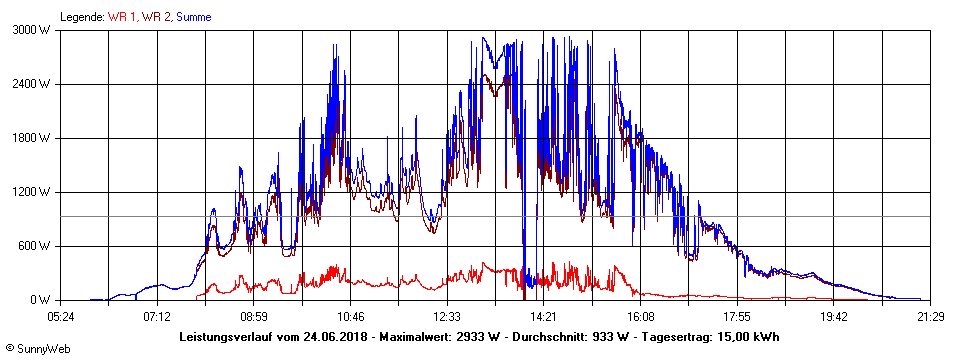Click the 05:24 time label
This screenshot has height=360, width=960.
click(61, 316)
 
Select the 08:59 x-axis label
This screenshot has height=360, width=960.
click(254, 316)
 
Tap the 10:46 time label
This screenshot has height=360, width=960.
click(350, 316)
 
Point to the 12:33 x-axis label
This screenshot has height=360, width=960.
click(447, 316)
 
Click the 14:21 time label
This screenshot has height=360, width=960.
click(544, 316)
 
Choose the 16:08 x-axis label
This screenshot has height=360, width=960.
click(640, 316)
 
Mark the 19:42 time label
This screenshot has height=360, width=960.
click(834, 316)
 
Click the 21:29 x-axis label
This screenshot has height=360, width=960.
click(930, 316)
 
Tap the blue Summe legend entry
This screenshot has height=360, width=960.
click(193, 17)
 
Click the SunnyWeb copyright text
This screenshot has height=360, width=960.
click(38, 348)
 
